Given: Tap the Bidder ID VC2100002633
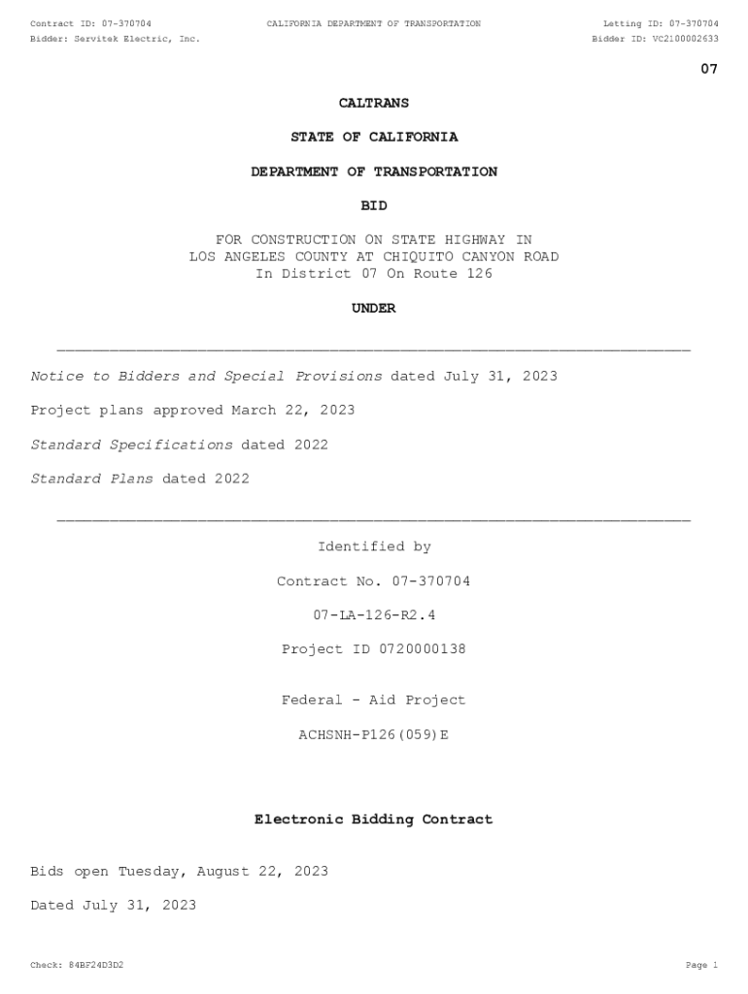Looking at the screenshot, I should (x=686, y=39).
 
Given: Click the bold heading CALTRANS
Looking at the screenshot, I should (x=373, y=103).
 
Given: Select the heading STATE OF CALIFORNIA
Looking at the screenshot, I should (x=374, y=137).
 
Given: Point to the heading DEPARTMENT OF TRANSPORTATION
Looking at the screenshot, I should (x=374, y=172).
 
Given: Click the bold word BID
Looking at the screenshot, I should (x=374, y=206).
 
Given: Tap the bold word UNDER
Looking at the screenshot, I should (x=374, y=309).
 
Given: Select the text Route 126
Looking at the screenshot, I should (x=458, y=274).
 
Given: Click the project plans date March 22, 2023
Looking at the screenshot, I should (x=292, y=411).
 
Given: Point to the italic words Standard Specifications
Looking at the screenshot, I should (x=131, y=445).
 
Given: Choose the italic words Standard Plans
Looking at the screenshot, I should (x=91, y=479).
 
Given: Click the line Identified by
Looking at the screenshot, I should (x=374, y=547).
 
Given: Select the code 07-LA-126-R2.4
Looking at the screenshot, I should (x=374, y=615).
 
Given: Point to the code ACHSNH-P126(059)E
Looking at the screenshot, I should (x=374, y=735).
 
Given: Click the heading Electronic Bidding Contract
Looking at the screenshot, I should (x=374, y=820).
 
